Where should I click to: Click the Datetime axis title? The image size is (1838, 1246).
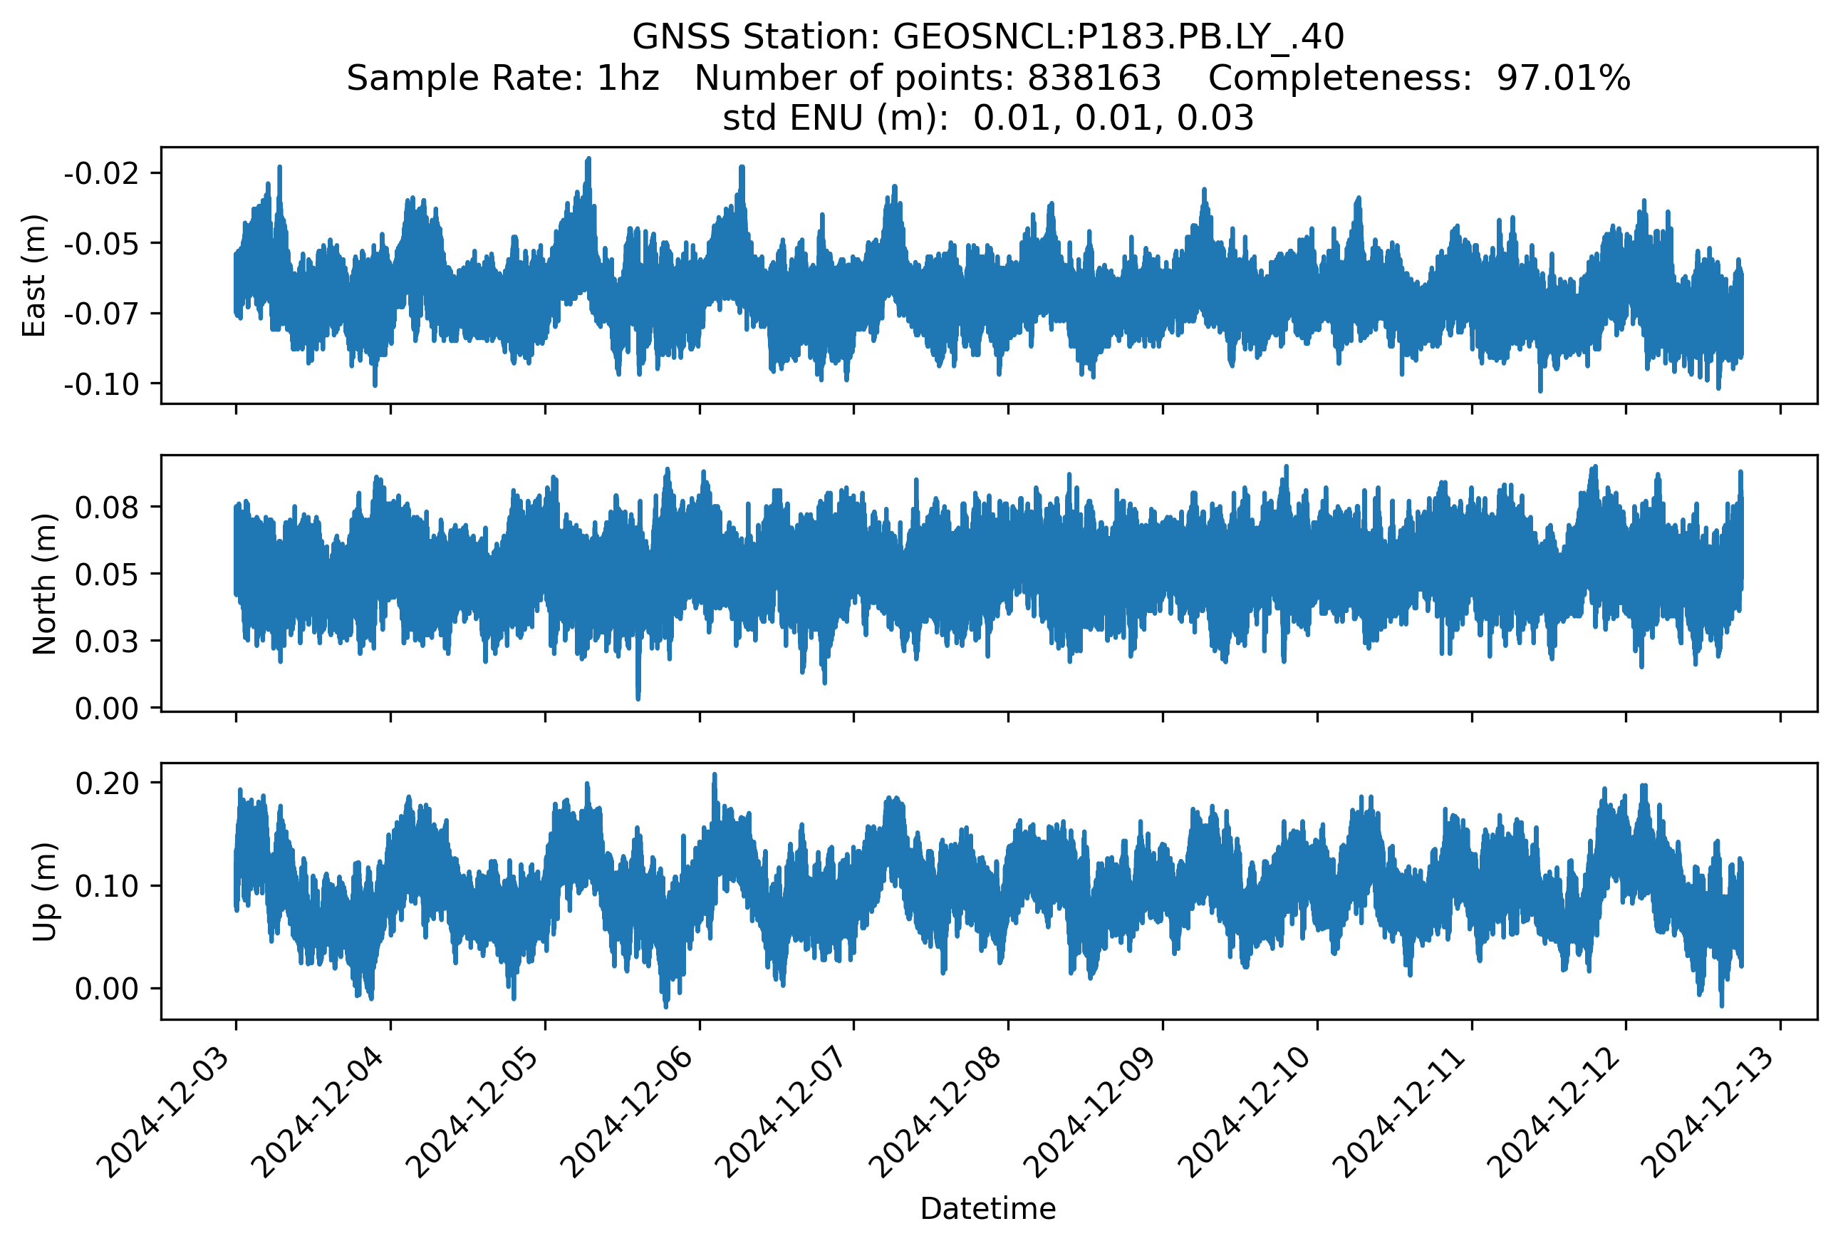point(988,1209)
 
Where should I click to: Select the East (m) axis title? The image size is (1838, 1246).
point(33,275)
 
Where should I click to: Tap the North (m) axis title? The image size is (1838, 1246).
point(44,584)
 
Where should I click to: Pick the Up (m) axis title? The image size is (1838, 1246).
point(44,892)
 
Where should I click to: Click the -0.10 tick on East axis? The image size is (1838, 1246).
point(101,384)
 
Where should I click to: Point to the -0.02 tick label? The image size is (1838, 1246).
point(101,173)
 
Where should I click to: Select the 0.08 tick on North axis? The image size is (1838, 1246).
point(107,507)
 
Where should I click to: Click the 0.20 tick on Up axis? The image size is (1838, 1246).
point(107,783)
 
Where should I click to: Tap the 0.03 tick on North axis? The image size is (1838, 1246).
point(107,641)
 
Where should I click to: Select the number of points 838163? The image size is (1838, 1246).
point(1094,78)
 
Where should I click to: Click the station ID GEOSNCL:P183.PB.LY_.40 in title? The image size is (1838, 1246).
point(1118,36)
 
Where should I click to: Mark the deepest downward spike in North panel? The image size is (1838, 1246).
point(638,697)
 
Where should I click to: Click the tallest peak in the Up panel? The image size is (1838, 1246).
point(715,776)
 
